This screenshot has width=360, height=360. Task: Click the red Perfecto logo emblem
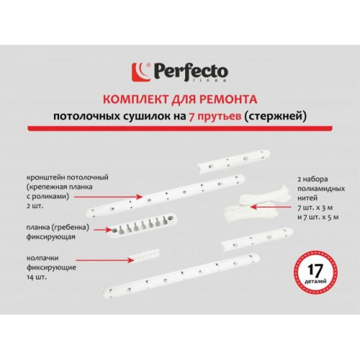[141, 72]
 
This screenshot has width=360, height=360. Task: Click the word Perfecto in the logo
[189, 71]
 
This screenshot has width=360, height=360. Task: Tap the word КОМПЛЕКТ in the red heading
[135, 99]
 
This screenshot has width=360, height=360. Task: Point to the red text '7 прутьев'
[215, 117]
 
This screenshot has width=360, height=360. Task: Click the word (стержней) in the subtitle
[275, 117]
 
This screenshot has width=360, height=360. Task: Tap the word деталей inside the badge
[315, 281]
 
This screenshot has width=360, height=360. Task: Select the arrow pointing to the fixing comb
[103, 230]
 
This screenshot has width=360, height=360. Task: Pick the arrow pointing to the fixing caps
[105, 260]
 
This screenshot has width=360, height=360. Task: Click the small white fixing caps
[145, 256]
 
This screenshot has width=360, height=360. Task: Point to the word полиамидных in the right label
[321, 189]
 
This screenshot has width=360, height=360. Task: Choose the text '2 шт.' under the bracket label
[35, 206]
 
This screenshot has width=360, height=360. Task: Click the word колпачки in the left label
[42, 258]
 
